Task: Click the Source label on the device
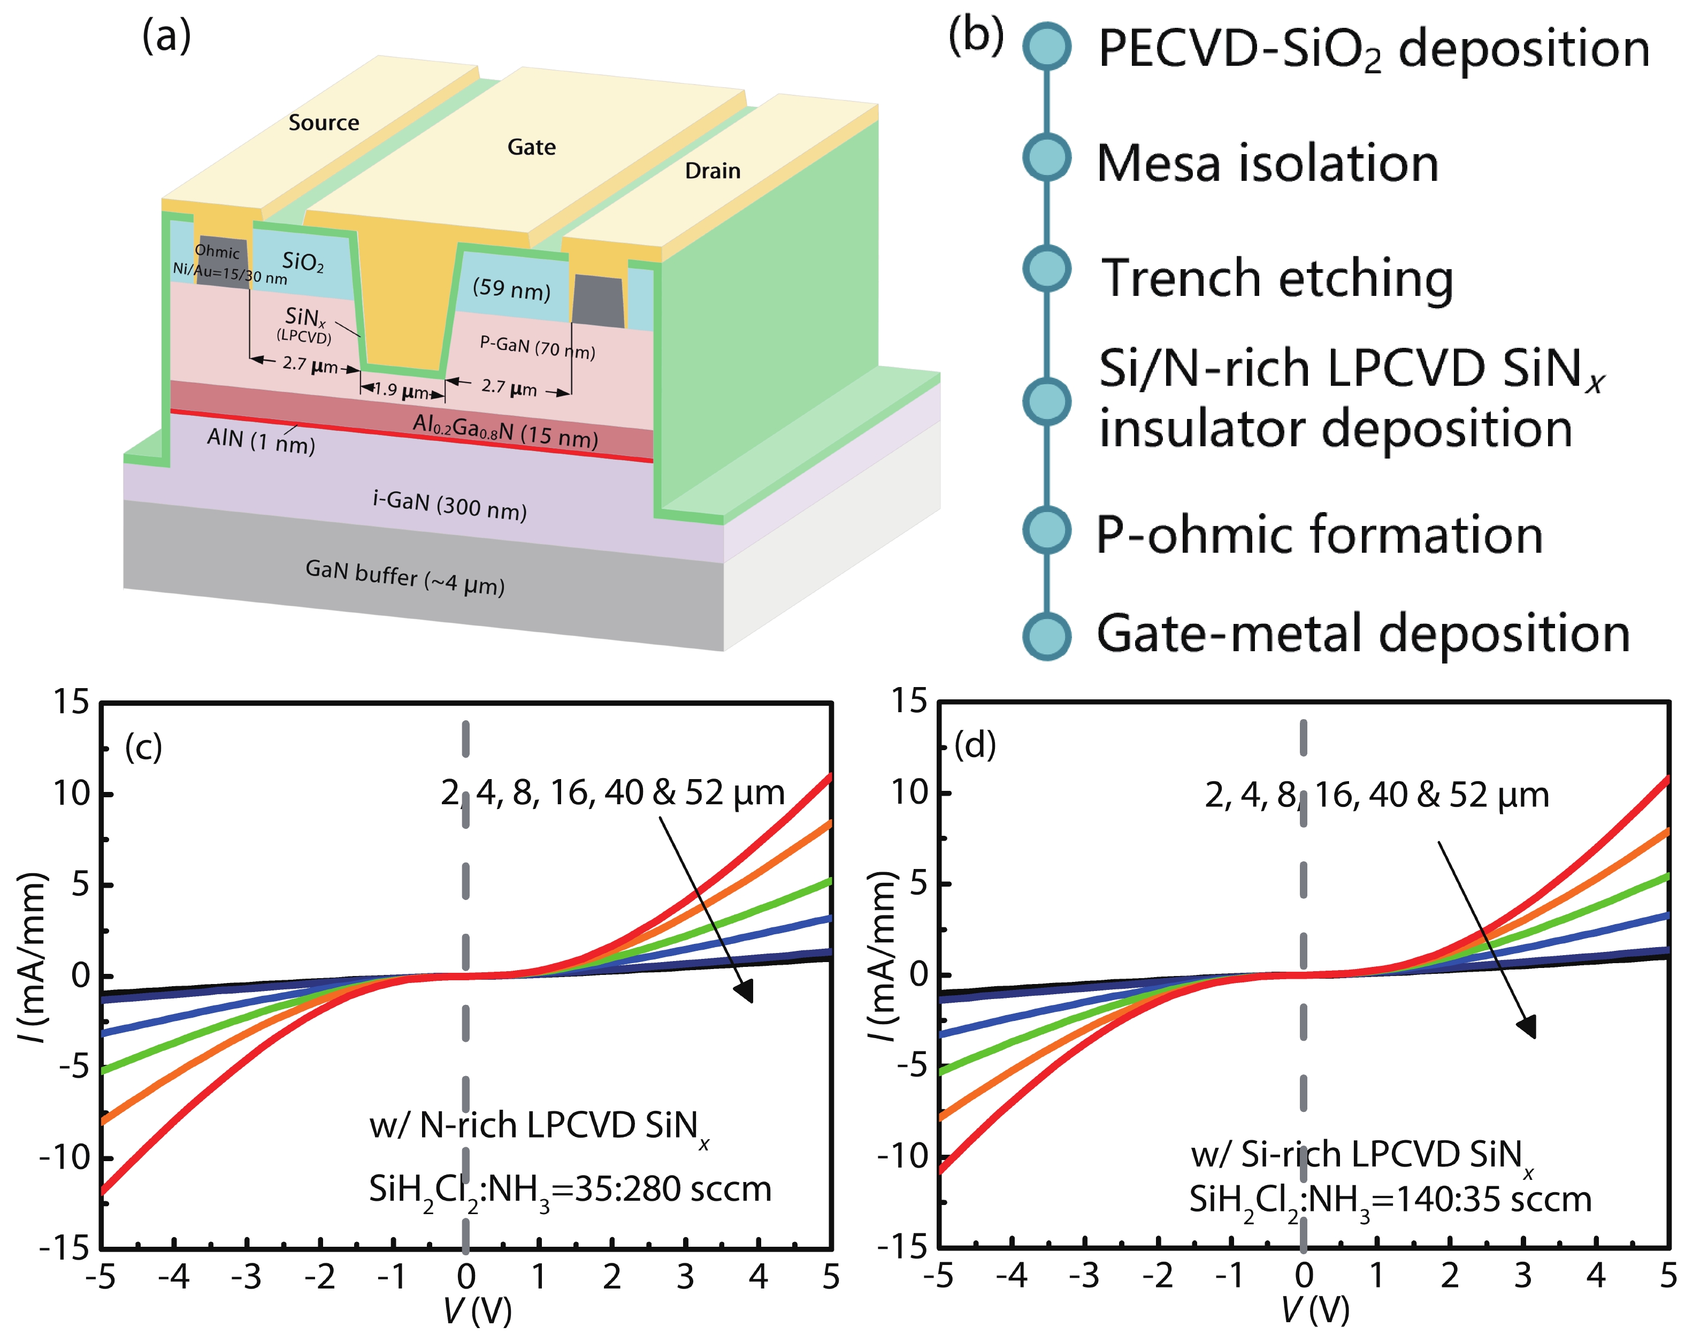(x=324, y=123)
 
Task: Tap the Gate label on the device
(x=532, y=147)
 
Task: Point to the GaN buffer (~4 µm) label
(x=405, y=577)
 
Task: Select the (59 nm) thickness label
(x=511, y=289)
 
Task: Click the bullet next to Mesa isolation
(x=1046, y=158)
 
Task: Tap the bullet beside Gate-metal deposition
(x=1046, y=635)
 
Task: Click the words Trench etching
(x=1277, y=278)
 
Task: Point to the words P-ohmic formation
(x=1319, y=536)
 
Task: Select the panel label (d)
(x=975, y=745)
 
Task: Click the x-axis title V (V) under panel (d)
(x=1315, y=1311)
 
